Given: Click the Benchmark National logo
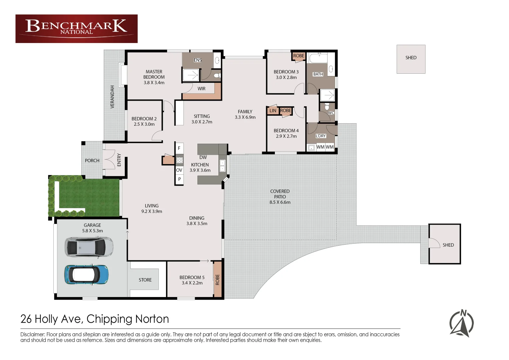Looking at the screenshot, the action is click(76, 28).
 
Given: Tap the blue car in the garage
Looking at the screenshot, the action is click(86, 274).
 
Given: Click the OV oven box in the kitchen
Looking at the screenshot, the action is click(179, 170).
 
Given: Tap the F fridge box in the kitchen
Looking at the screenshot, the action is click(179, 148).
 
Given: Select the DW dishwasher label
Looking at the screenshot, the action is click(203, 157).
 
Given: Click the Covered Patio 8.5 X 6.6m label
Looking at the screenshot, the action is click(280, 197).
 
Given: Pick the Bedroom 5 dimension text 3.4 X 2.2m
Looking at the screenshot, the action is click(192, 283).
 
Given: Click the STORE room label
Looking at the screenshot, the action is click(145, 280).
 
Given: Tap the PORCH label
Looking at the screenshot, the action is click(92, 161).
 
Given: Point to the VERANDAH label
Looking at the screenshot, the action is click(112, 97).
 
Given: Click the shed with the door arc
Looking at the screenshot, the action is click(444, 244).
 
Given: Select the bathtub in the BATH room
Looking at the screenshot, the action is click(318, 58).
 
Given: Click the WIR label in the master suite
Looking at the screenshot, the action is click(201, 89).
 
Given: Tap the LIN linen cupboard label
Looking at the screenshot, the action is click(273, 111).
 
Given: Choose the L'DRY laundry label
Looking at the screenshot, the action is click(321, 136).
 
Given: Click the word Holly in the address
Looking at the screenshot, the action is click(46, 319).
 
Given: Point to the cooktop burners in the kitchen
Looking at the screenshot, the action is click(179, 160).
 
